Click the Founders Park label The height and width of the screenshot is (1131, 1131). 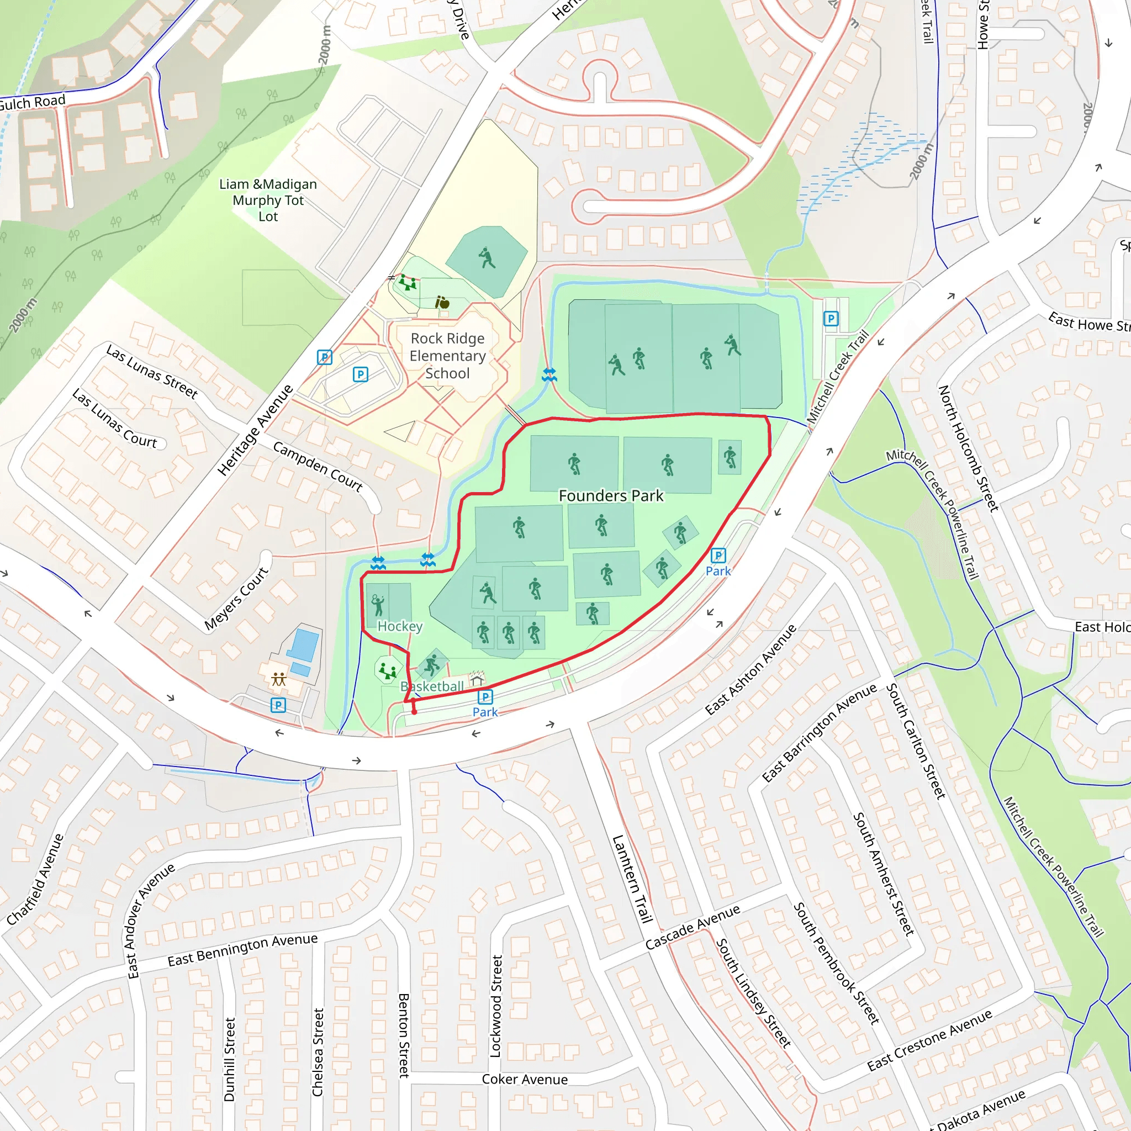coord(611,496)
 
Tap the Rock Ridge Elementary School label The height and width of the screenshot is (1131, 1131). coord(447,356)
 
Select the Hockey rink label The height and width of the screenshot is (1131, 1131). coord(400,626)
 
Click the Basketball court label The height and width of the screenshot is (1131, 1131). coord(432,686)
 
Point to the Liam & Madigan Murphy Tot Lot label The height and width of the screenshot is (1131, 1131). coord(268,200)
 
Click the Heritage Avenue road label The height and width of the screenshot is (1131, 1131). coord(255,430)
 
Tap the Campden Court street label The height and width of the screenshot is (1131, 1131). coord(318,467)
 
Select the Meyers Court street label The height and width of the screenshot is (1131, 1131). coord(236,598)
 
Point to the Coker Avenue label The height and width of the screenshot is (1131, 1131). coord(525,1079)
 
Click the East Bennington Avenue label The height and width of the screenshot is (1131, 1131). coord(242,950)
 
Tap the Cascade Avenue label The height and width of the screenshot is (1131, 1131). coord(693,927)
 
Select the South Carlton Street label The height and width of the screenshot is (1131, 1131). coord(916,741)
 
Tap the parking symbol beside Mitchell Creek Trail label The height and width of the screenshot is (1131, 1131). coord(831,319)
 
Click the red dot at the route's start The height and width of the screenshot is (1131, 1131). coord(415,712)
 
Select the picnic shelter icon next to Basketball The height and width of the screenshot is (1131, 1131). coord(477,679)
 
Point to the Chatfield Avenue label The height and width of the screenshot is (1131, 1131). coord(35,879)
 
